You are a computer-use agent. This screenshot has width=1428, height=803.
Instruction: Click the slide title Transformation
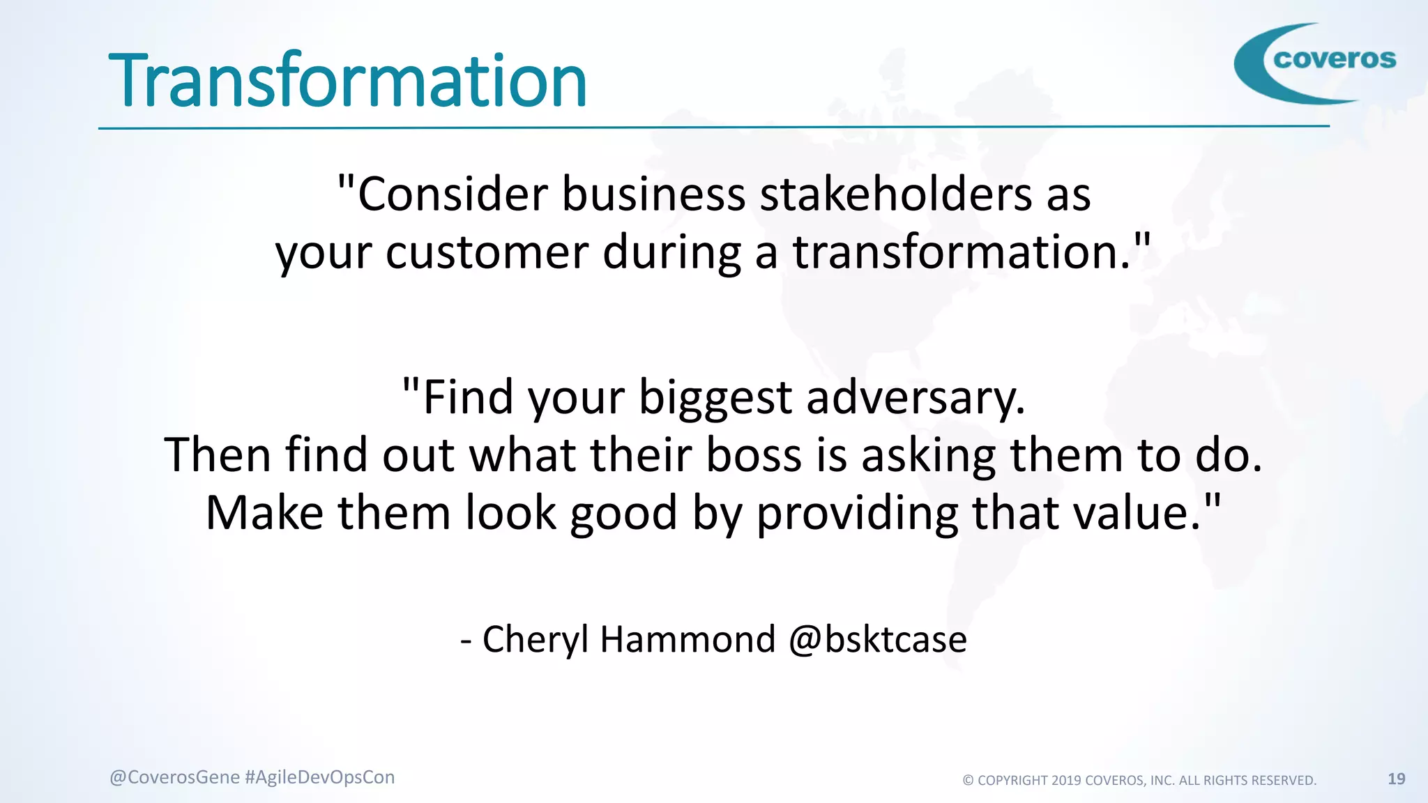point(347,82)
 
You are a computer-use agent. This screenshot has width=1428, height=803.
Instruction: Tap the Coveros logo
point(1315,63)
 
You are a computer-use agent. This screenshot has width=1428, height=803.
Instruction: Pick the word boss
point(754,455)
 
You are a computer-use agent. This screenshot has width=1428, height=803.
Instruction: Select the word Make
point(265,513)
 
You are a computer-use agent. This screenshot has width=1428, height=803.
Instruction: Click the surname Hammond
point(688,639)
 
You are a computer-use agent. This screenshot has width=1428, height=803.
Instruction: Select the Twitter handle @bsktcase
point(878,639)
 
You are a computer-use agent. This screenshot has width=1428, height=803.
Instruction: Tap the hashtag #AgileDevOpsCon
point(320,777)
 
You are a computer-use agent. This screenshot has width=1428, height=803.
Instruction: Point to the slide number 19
point(1396,779)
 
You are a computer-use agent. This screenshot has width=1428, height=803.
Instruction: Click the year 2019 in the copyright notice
point(1066,781)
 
